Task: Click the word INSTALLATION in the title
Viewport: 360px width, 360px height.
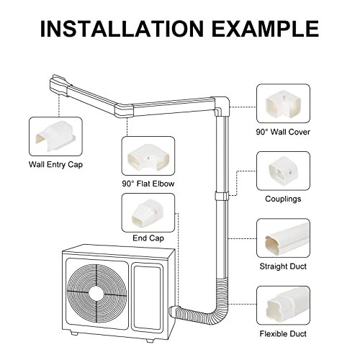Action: [x=122, y=29]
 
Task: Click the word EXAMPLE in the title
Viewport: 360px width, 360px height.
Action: [x=266, y=29]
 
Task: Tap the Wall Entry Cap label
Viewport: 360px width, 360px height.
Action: [x=55, y=165]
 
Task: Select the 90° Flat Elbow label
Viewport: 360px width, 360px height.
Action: [x=148, y=184]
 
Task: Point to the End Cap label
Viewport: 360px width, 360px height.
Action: [x=148, y=238]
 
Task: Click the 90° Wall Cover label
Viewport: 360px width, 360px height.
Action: [x=283, y=132]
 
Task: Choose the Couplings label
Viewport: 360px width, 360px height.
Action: [x=283, y=199]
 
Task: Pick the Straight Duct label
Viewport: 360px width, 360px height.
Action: [x=283, y=266]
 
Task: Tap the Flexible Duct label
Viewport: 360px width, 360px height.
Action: [x=283, y=334]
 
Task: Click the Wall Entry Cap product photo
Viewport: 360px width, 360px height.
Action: [x=55, y=137]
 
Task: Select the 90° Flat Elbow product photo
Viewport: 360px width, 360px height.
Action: [x=148, y=156]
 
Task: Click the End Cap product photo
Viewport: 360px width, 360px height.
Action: [x=148, y=212]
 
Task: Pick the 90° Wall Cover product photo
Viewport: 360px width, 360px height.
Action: [x=283, y=104]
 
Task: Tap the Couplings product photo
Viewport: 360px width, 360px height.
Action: [x=283, y=171]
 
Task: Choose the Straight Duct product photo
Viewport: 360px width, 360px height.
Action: [x=283, y=238]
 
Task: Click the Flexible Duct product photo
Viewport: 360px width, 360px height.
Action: [x=283, y=305]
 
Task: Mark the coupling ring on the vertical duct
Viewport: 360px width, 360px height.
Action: [x=221, y=197]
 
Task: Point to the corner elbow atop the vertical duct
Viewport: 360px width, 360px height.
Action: [x=221, y=106]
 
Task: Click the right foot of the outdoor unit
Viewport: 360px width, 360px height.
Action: [x=150, y=340]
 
